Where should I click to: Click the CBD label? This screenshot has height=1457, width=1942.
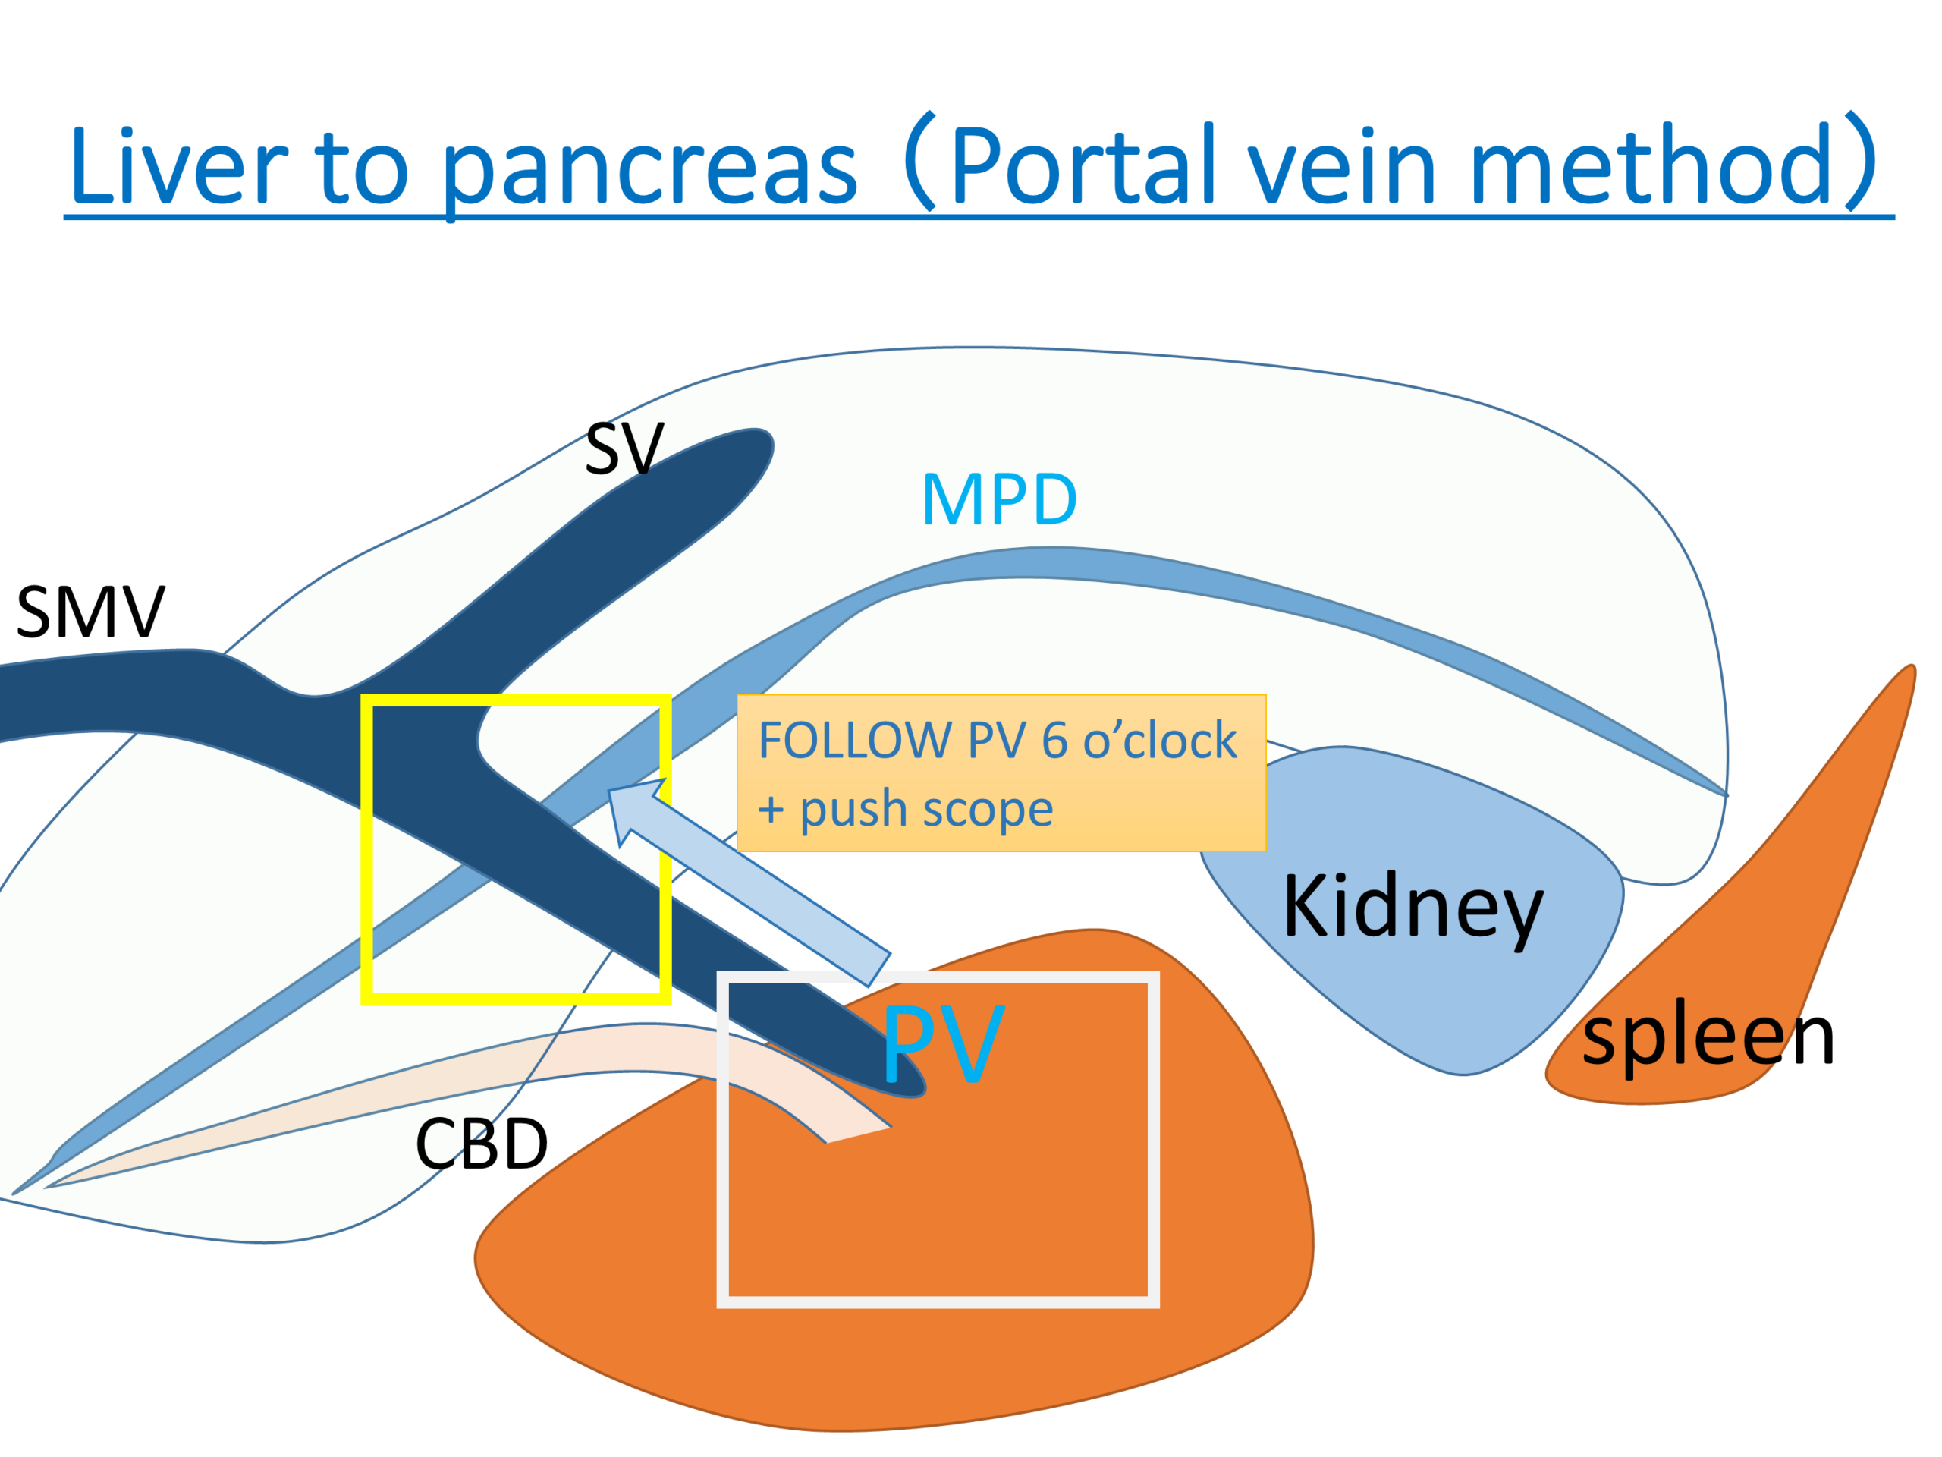tap(481, 1144)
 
